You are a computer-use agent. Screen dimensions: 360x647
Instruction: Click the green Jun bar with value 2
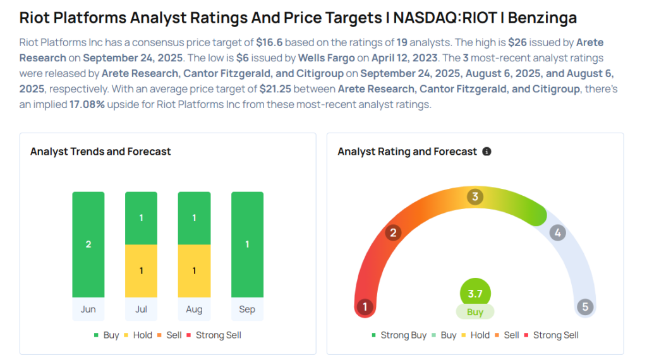click(x=88, y=244)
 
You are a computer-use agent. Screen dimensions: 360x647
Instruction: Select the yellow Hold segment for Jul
click(x=142, y=271)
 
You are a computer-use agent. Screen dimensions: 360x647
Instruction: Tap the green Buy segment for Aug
click(x=194, y=218)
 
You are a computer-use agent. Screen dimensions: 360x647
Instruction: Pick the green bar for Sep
click(x=247, y=244)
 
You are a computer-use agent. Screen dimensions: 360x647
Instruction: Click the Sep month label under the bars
click(x=247, y=309)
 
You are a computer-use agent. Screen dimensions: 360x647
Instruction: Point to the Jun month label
click(x=88, y=309)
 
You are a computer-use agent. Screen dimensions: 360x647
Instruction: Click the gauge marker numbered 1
click(x=365, y=308)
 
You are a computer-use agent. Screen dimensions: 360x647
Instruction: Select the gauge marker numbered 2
click(x=393, y=233)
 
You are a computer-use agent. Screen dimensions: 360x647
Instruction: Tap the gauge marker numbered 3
click(x=475, y=197)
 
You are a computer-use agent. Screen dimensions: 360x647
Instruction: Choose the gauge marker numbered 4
click(x=557, y=233)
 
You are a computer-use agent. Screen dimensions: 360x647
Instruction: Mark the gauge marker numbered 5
click(x=585, y=308)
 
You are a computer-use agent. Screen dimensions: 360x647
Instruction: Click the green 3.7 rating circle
click(x=475, y=294)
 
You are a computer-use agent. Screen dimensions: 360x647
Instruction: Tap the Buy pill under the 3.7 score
click(x=475, y=312)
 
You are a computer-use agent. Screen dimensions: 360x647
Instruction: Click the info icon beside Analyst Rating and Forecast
click(x=487, y=152)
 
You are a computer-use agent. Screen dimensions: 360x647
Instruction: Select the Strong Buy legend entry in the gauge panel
click(x=399, y=335)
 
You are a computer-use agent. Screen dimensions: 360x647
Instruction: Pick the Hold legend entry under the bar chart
click(x=138, y=335)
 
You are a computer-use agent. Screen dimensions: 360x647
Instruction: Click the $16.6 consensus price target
click(x=268, y=43)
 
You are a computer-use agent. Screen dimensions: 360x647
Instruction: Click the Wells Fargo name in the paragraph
click(x=326, y=59)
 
